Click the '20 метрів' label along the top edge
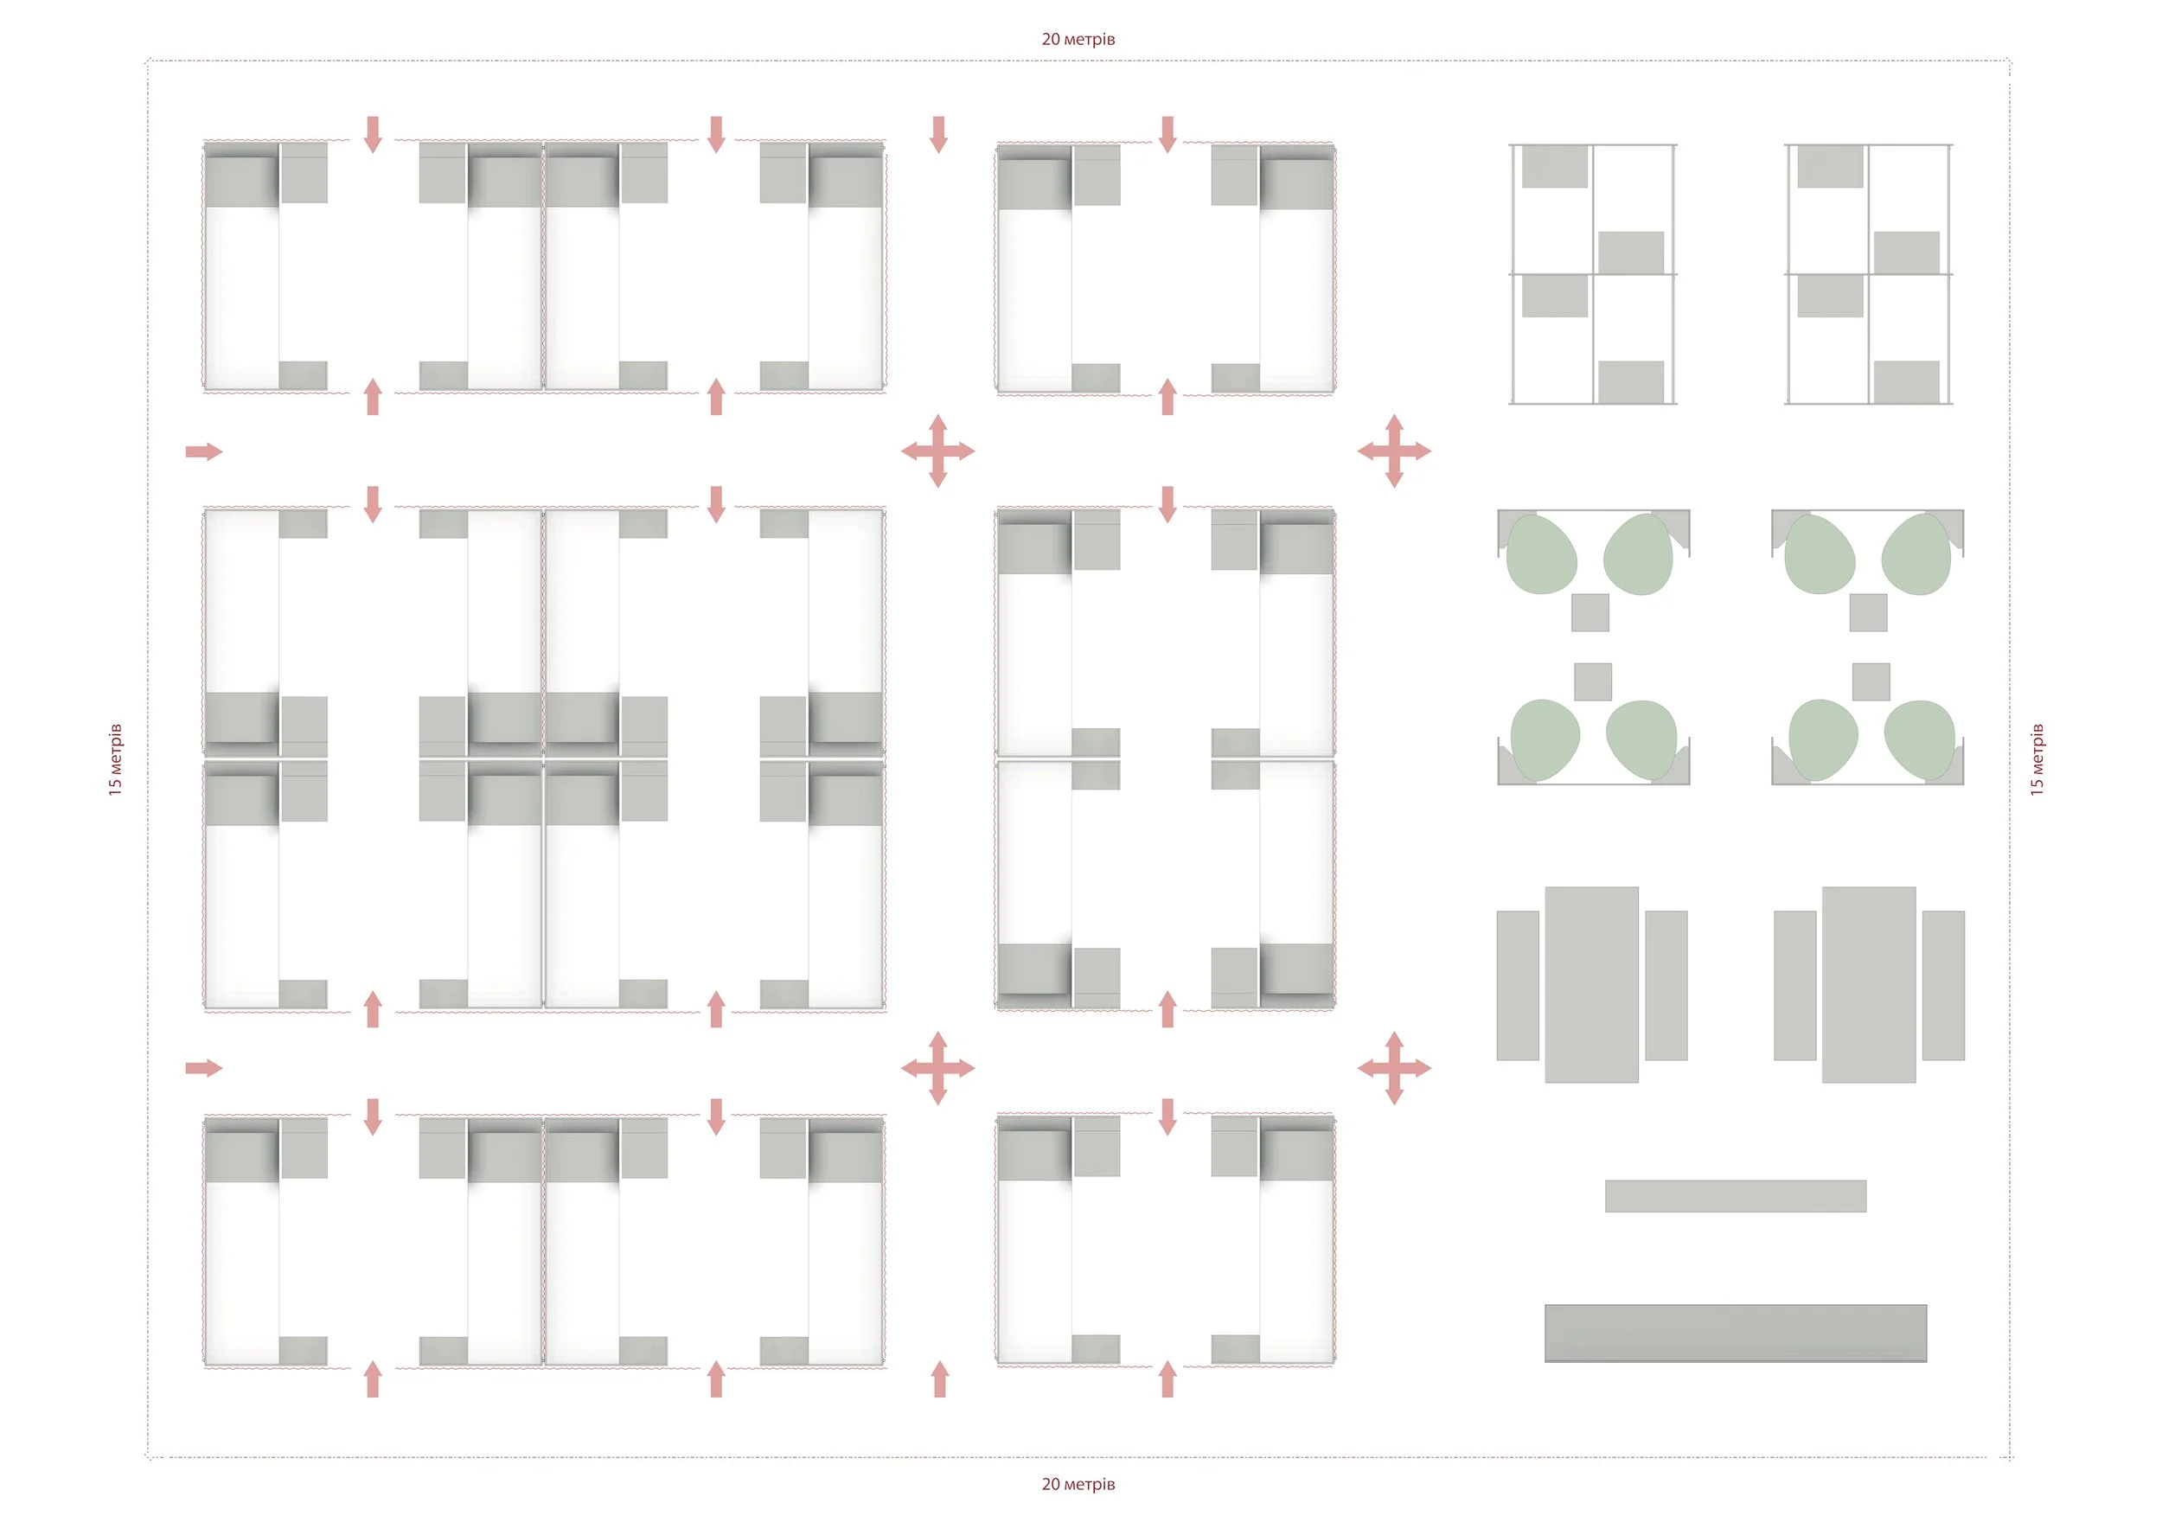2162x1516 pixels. [1078, 40]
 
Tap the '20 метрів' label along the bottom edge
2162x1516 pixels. [1078, 1484]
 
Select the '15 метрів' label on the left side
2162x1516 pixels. [116, 760]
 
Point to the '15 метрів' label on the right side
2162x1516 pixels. [2037, 760]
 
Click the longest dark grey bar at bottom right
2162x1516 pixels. [1736, 1333]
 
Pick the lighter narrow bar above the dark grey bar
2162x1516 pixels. [1736, 1196]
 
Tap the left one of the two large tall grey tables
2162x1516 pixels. [1591, 984]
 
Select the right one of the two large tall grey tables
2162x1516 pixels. [1868, 984]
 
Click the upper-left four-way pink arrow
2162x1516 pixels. [937, 451]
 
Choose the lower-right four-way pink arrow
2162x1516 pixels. [1395, 1068]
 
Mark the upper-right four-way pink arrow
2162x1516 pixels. [1395, 451]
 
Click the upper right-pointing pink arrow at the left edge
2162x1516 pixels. [203, 452]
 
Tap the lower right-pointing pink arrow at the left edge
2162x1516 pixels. [203, 1068]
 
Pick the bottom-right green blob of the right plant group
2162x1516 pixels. [1919, 739]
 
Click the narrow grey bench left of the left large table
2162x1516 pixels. [1518, 985]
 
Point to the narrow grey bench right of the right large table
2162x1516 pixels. [1943, 985]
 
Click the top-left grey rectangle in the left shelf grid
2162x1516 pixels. [1555, 167]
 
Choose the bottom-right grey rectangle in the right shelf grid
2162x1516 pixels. [1906, 382]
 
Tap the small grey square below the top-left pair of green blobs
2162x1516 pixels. [1590, 613]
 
